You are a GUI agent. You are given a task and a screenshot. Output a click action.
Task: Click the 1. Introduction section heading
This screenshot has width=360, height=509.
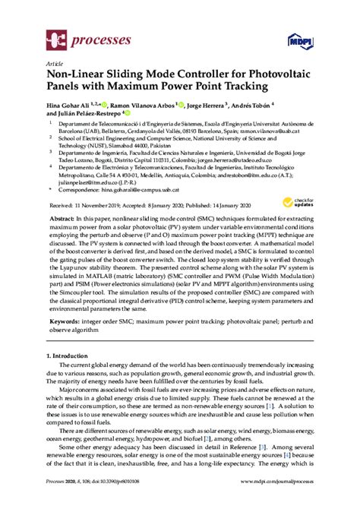[74, 356]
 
